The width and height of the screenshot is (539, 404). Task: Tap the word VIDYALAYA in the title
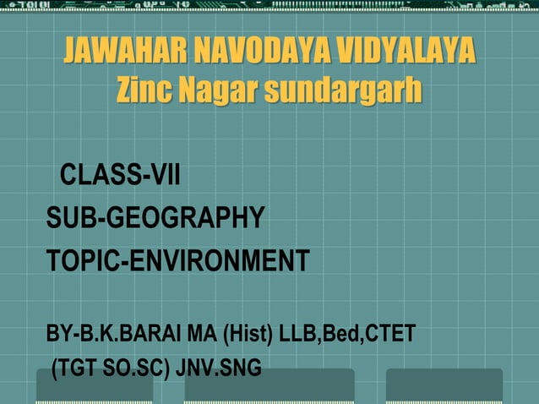(x=405, y=52)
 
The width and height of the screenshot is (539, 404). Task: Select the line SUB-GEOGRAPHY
(x=155, y=217)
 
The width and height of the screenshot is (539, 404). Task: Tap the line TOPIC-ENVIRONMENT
(x=178, y=259)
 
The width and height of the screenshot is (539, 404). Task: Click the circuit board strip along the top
(x=269, y=8)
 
